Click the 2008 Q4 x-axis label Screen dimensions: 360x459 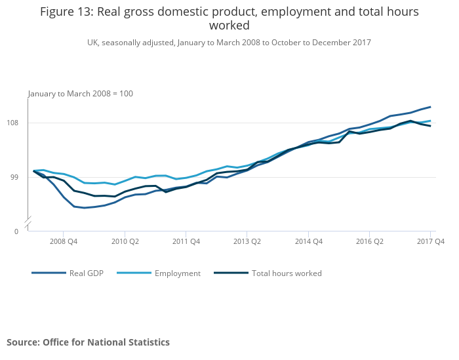[64, 242]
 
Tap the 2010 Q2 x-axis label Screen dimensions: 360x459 [125, 242]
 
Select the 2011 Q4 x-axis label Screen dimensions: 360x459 [186, 242]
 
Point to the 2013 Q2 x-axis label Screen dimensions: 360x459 [247, 242]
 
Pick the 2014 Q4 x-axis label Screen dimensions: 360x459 [308, 242]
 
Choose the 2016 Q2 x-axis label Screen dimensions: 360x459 [369, 242]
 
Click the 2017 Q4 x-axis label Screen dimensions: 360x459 [431, 242]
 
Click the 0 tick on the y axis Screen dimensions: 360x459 [17, 231]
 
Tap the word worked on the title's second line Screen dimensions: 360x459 [229, 26]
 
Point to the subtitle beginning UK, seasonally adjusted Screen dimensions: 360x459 [229, 43]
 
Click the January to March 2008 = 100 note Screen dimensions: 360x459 [81, 94]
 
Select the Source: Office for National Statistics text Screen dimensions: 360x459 [88, 342]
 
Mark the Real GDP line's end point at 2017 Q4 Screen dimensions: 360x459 [430, 106]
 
